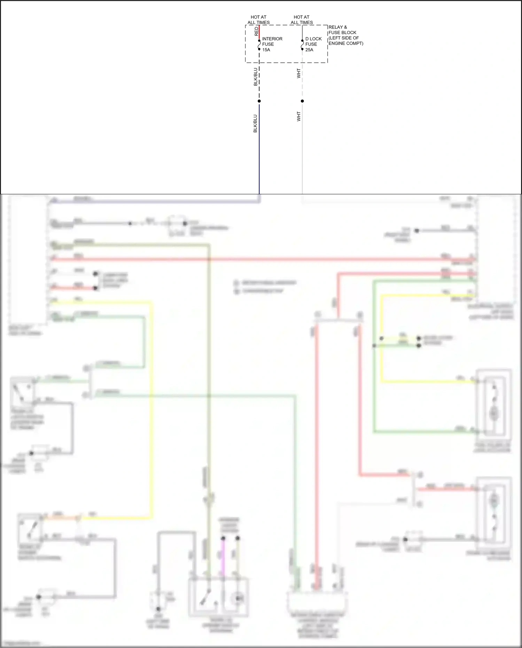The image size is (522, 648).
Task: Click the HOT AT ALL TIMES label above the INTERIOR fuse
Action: click(x=258, y=19)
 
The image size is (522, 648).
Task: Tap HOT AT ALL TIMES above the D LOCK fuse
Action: click(x=302, y=19)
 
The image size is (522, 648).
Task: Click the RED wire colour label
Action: click(x=257, y=31)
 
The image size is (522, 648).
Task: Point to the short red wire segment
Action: click(x=259, y=32)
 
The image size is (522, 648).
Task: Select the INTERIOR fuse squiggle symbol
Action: click(x=259, y=45)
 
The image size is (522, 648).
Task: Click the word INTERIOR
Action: click(x=272, y=39)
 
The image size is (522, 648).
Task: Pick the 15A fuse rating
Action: click(x=266, y=50)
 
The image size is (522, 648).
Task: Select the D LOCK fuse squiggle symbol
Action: click(x=302, y=45)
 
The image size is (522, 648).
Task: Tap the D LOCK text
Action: click(x=313, y=39)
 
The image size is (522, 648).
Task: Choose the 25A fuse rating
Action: click(x=309, y=50)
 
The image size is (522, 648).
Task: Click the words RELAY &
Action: click(x=337, y=27)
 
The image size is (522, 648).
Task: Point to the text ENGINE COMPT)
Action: click(x=346, y=44)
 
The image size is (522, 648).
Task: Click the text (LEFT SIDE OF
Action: click(x=343, y=38)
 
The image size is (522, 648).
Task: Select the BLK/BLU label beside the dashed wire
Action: click(x=256, y=77)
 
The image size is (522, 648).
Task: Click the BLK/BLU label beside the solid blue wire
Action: click(x=255, y=123)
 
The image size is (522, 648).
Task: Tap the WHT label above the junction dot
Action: click(x=299, y=73)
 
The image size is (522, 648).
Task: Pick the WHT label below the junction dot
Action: click(x=299, y=116)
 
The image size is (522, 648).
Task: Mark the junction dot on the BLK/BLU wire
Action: click(x=259, y=101)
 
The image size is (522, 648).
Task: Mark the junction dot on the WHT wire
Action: click(x=302, y=101)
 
